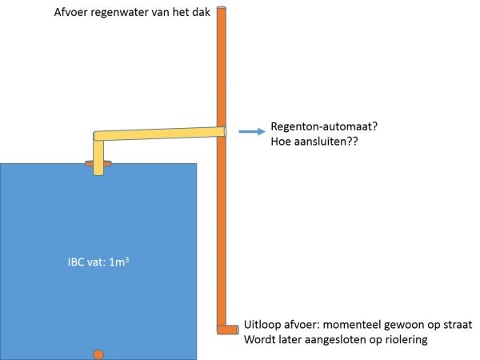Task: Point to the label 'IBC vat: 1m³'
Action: tap(98, 260)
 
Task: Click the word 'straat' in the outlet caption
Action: tap(455, 326)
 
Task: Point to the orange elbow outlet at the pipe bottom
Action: tap(227, 328)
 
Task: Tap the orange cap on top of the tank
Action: tap(98, 166)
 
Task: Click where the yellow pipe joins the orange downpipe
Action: tap(222, 130)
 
